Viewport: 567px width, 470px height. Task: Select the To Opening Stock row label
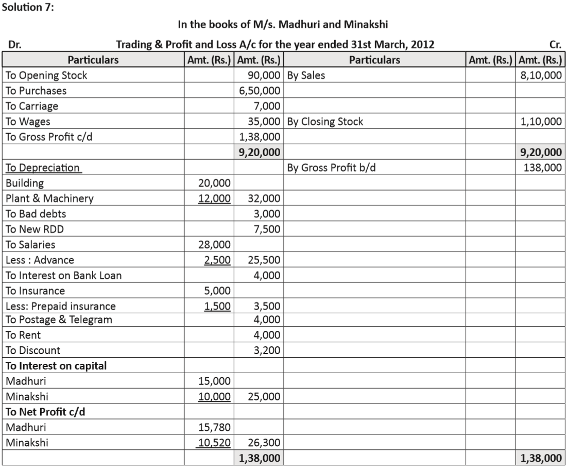point(46,75)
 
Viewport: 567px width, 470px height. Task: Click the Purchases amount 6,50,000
point(260,91)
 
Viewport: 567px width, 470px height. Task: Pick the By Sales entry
point(306,75)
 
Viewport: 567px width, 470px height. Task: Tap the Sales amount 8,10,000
point(541,75)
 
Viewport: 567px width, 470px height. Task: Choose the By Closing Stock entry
point(325,122)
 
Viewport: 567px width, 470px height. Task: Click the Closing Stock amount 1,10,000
point(541,122)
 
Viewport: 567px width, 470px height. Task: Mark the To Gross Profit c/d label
point(49,137)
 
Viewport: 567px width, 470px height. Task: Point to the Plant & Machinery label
point(49,198)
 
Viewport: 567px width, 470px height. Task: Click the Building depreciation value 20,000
point(215,183)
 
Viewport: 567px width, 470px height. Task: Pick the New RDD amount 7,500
point(267,229)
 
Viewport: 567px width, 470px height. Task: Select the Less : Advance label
point(40,260)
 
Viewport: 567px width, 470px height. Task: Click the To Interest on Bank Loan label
point(63,275)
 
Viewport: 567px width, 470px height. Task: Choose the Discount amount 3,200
point(267,350)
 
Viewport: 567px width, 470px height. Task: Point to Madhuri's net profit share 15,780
point(215,427)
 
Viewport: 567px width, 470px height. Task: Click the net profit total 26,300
point(264,442)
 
